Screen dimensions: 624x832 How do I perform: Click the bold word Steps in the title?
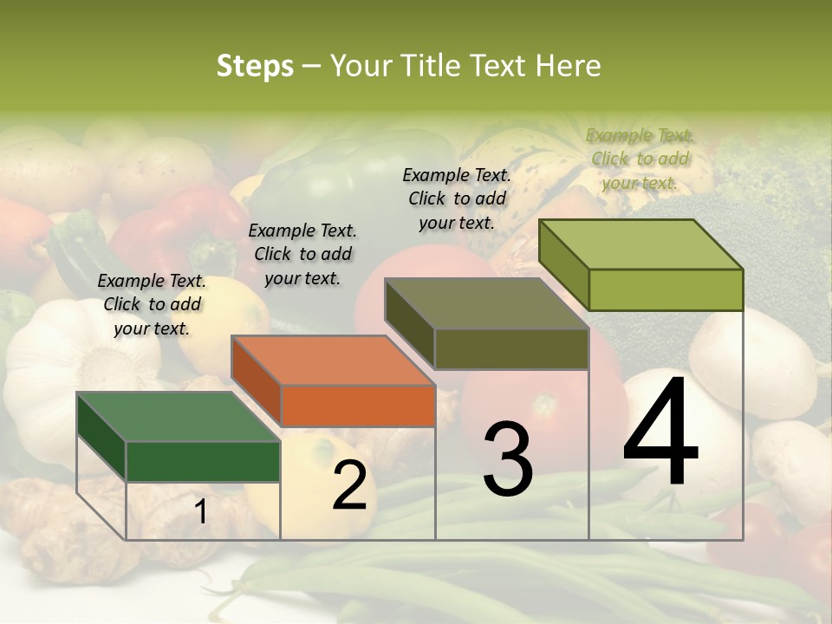pyautogui.click(x=255, y=66)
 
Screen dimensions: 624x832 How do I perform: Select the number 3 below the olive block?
pyautogui.click(x=507, y=459)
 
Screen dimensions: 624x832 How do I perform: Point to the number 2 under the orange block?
pyautogui.click(x=349, y=485)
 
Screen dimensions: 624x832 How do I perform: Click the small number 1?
pyautogui.click(x=200, y=511)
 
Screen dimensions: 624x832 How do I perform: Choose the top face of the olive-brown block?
pyautogui.click(x=485, y=303)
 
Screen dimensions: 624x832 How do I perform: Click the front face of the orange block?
pyautogui.click(x=358, y=406)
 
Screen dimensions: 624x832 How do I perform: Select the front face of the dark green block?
pyautogui.click(x=203, y=461)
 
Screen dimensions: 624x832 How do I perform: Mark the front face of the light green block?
pyautogui.click(x=666, y=289)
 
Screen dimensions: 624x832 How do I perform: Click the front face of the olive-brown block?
pyautogui.click(x=511, y=348)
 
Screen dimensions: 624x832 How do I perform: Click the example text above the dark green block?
pyautogui.click(x=152, y=304)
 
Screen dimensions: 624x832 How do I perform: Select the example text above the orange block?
pyautogui.click(x=302, y=254)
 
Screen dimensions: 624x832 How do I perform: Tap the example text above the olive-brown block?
pyautogui.click(x=457, y=198)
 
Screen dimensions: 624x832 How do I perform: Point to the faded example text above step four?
pyautogui.click(x=640, y=159)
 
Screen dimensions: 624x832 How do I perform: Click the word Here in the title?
pyautogui.click(x=568, y=66)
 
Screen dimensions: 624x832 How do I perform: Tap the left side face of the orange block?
pyautogui.click(x=257, y=381)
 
